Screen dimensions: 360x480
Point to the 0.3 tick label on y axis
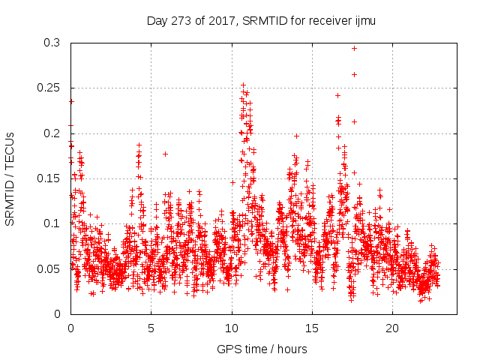click(x=51, y=43)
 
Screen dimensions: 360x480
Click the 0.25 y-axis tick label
click(x=48, y=88)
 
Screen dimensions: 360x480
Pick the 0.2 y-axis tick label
click(x=51, y=133)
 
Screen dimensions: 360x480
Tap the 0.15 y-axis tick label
click(x=48, y=178)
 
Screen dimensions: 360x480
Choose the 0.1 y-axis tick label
click(x=51, y=223)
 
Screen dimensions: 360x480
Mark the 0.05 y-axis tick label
click(x=48, y=268)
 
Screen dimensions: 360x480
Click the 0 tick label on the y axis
click(x=57, y=313)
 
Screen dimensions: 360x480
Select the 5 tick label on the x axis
click(x=151, y=328)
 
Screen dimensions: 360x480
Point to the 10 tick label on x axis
click(x=232, y=328)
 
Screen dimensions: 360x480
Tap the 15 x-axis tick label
click(x=312, y=328)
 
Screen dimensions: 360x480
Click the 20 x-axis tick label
click(x=392, y=328)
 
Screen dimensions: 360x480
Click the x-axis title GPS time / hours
click(x=262, y=349)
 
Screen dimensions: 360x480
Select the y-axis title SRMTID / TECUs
click(x=10, y=178)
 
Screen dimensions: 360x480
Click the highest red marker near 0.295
click(x=354, y=48)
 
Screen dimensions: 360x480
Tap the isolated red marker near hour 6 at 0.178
click(x=165, y=154)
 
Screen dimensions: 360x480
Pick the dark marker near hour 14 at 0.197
click(x=296, y=136)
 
